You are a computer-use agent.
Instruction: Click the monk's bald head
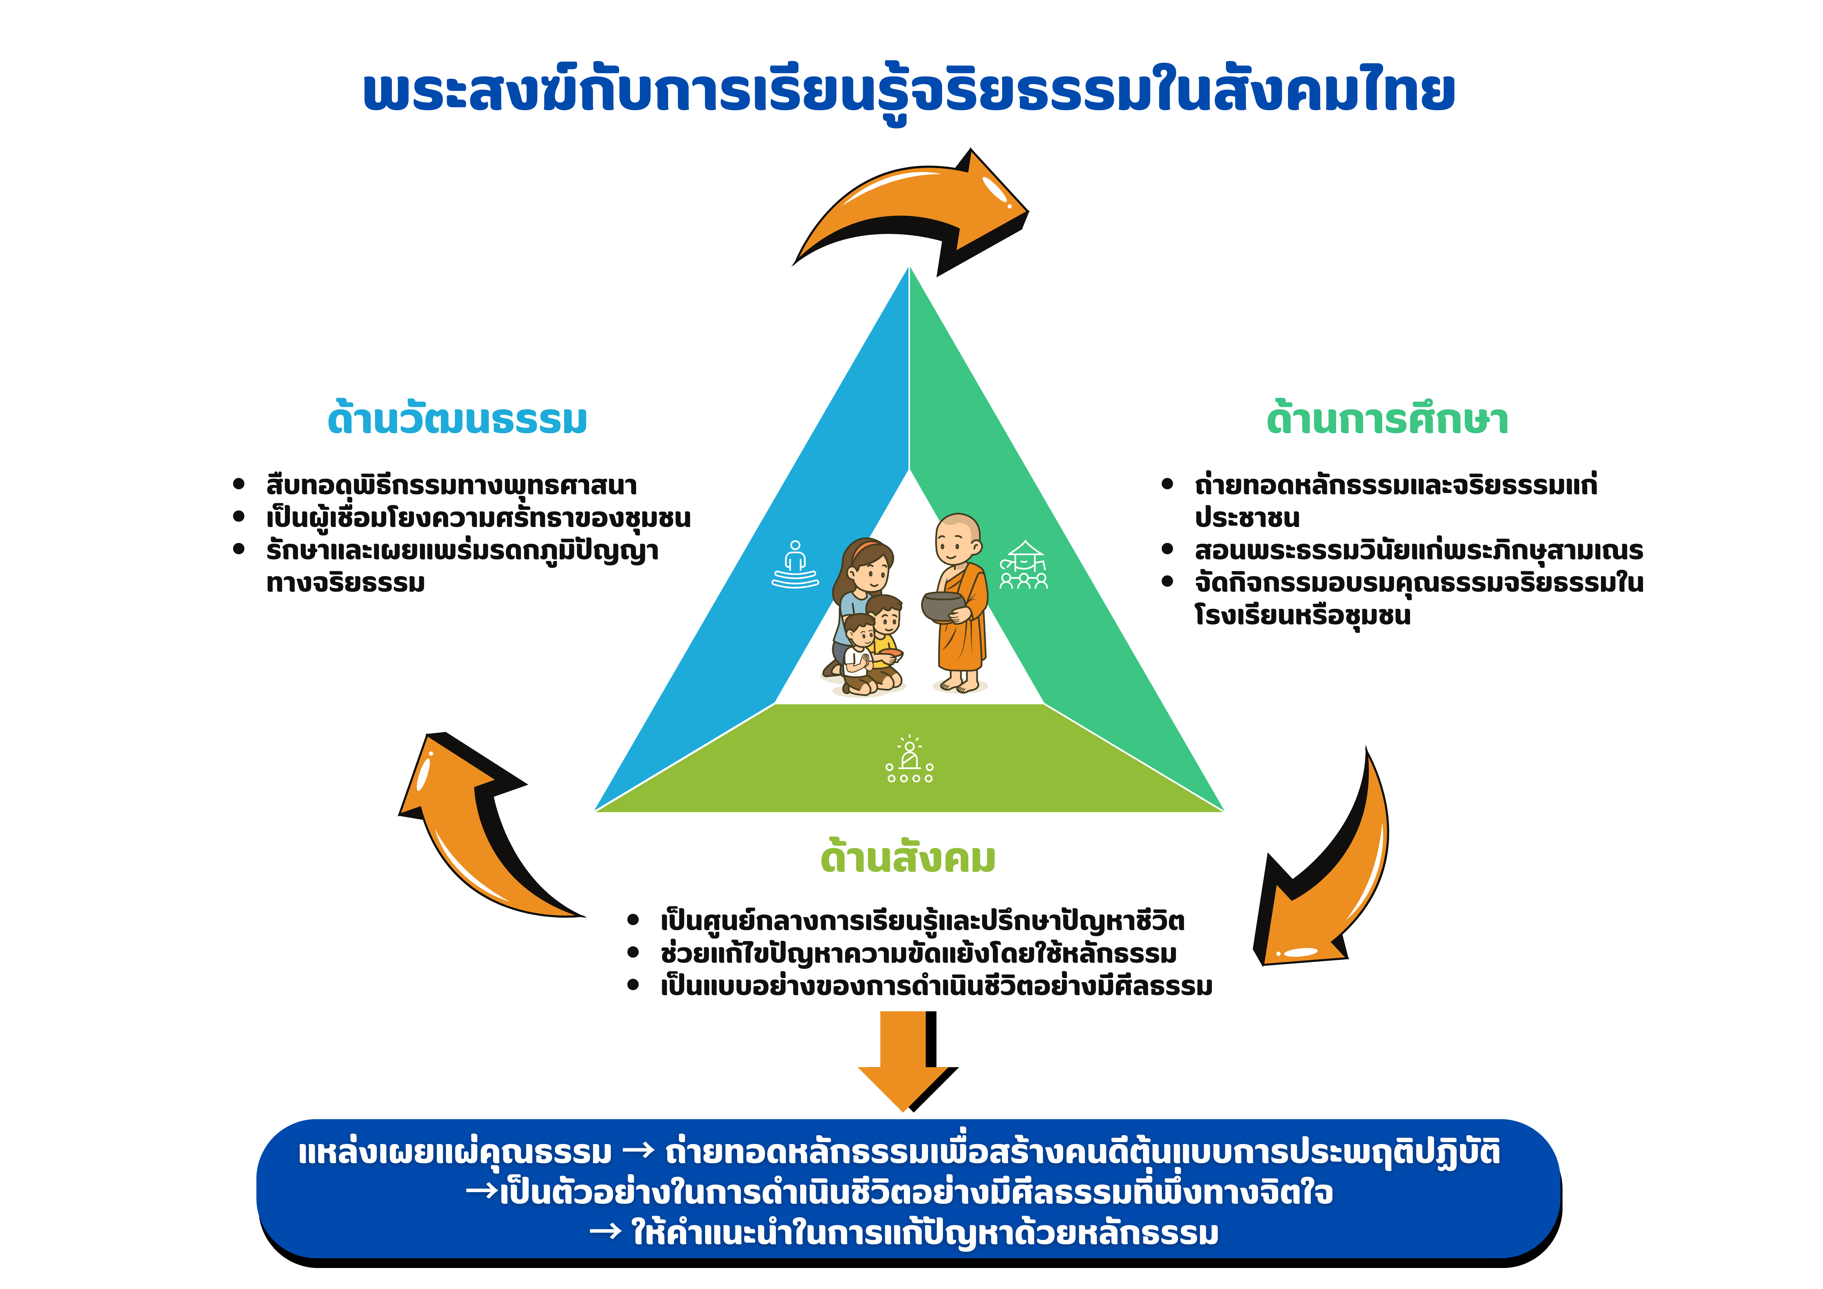pos(958,538)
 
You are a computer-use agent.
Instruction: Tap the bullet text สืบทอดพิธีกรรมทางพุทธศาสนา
pos(452,485)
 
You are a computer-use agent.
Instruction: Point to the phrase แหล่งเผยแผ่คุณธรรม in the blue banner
pos(455,1152)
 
